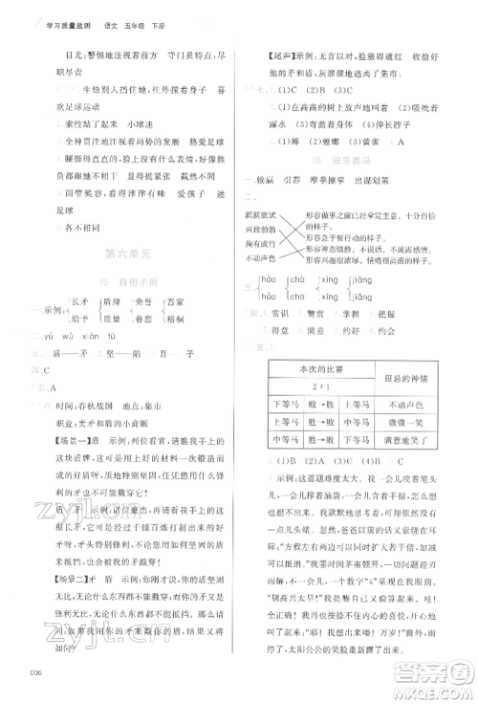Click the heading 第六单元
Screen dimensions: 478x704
tap(126, 253)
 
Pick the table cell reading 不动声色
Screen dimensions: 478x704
tap(406, 405)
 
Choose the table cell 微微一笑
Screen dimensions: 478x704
tap(406, 423)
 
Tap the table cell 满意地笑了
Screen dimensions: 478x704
tap(406, 441)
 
